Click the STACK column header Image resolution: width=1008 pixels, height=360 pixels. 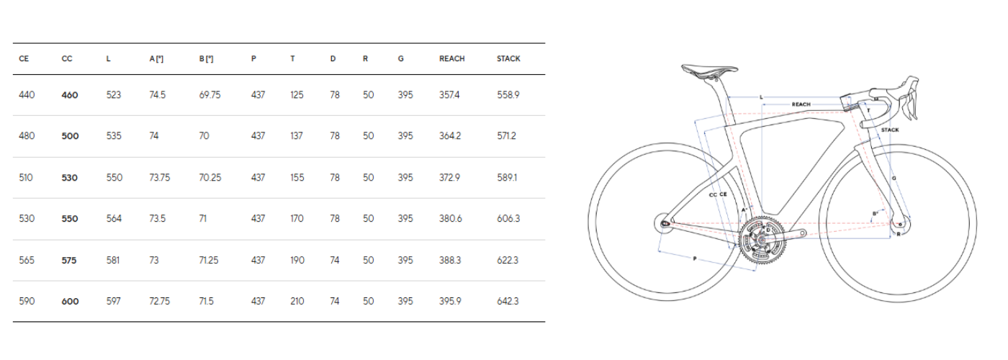pos(508,59)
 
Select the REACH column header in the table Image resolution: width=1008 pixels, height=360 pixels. pos(452,59)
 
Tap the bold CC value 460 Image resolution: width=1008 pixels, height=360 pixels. pos(70,95)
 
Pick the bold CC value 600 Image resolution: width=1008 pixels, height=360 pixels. pos(71,302)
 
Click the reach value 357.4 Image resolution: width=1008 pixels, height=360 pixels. pos(449,95)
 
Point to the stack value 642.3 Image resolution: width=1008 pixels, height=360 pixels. pos(508,301)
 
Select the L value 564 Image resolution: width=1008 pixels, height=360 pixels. pos(114,218)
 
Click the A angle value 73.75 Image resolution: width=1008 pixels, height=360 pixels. pos(160,177)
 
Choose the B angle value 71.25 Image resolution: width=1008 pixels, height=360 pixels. pos(209,260)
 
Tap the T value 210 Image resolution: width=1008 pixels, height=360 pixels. pos(297,301)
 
